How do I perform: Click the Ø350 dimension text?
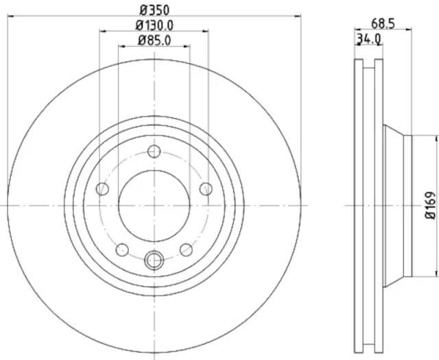154,10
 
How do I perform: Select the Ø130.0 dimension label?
154,25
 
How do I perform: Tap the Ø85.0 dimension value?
154,40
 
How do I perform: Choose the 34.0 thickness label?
368,39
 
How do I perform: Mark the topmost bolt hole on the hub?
154,152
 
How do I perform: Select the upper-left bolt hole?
103,189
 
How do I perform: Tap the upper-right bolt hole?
205,189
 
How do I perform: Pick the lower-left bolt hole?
123,249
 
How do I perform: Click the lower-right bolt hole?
185,249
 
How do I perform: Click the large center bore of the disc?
154,204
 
